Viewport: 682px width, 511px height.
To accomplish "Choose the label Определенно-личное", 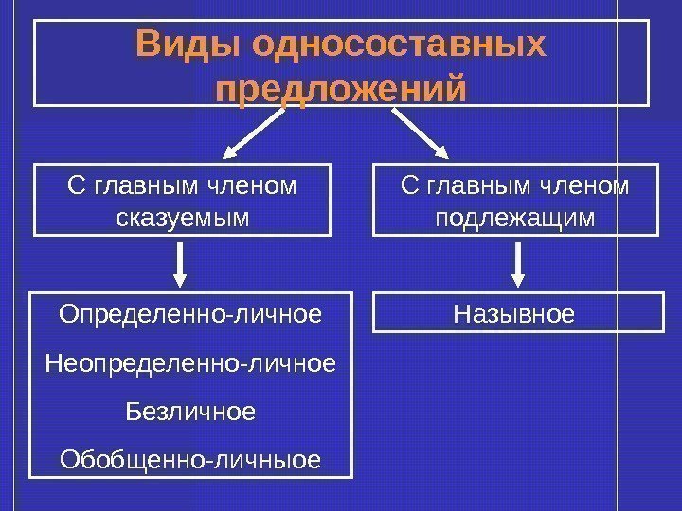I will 190,312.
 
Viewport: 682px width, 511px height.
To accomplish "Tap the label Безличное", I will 190,412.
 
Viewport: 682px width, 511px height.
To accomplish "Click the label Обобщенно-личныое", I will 190,461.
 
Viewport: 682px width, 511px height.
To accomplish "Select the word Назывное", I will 515,312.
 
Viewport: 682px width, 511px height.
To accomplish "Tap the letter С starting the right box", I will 409,186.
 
